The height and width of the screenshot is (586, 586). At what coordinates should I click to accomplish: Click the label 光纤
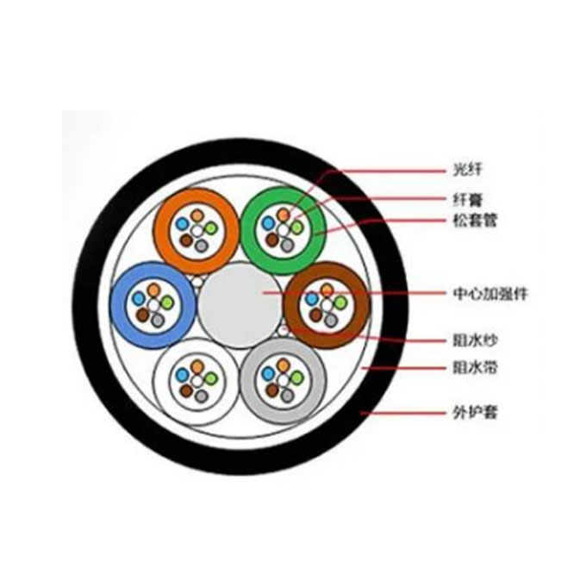pos(468,170)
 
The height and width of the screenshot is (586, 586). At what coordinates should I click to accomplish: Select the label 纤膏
pos(468,200)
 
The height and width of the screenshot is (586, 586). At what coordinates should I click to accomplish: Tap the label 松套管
pos(475,220)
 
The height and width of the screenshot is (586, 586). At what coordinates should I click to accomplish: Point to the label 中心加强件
pos(490,293)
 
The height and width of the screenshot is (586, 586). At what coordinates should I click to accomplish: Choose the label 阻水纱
pos(475,341)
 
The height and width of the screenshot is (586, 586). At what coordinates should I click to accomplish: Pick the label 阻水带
pos(475,367)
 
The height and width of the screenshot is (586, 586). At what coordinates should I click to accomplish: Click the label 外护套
pos(475,413)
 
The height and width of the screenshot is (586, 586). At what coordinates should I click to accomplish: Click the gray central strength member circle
pos(240,305)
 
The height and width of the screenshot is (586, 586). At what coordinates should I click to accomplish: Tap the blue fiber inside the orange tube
pos(183,224)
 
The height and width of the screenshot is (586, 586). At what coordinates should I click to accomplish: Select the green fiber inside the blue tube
pos(167,302)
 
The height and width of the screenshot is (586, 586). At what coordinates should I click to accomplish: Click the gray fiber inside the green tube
pos(287,245)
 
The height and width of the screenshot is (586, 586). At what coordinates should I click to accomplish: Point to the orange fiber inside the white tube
pos(197,366)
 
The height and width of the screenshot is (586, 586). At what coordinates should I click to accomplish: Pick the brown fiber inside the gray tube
pos(272,390)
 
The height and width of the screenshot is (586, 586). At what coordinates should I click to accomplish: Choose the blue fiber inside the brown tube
pos(312,299)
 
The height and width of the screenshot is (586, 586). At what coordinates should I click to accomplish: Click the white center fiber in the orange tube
pos(197,231)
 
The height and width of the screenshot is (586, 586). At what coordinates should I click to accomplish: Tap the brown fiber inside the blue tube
pos(142,315)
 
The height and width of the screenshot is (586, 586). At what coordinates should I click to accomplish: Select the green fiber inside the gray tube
pos(297,377)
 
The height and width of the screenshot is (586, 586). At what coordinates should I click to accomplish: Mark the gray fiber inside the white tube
pos(202,396)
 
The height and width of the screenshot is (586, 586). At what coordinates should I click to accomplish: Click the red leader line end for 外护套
pos(361,413)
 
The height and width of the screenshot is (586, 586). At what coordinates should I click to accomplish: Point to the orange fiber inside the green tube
pos(284,215)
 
